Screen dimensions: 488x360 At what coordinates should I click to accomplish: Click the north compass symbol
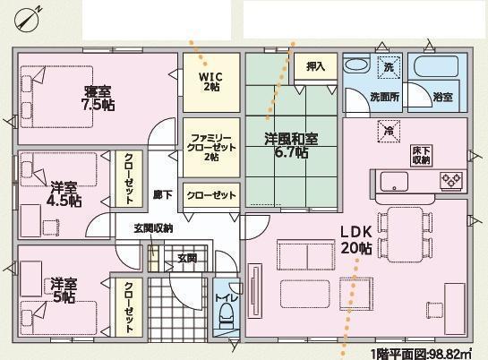coord(28,19)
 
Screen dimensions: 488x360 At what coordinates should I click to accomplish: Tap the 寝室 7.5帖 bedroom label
coord(98,98)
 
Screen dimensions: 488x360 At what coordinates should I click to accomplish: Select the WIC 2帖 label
coord(211,81)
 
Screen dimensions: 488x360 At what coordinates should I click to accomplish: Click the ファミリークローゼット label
coord(211,147)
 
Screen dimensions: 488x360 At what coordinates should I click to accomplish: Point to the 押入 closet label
coord(315,66)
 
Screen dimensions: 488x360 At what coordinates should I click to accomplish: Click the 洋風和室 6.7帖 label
coord(291,145)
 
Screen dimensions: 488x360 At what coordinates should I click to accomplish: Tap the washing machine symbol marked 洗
coord(389,67)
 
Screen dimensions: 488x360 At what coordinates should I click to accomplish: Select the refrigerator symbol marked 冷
coord(389,132)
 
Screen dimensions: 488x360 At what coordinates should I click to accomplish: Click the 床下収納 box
coord(422,156)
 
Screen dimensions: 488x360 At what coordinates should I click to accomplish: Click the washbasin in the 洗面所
coord(356,65)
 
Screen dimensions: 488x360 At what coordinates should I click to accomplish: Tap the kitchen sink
coord(394,182)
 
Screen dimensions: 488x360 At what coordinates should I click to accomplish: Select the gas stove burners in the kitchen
coord(451,180)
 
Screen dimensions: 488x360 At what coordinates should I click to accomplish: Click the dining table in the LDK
coord(406,235)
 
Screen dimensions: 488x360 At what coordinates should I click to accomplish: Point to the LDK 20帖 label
coord(356,240)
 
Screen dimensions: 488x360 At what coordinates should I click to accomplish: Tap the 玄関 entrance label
coord(187,258)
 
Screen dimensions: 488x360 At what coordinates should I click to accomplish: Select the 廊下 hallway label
coord(163,195)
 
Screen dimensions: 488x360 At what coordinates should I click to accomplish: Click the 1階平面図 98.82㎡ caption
coord(421,354)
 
